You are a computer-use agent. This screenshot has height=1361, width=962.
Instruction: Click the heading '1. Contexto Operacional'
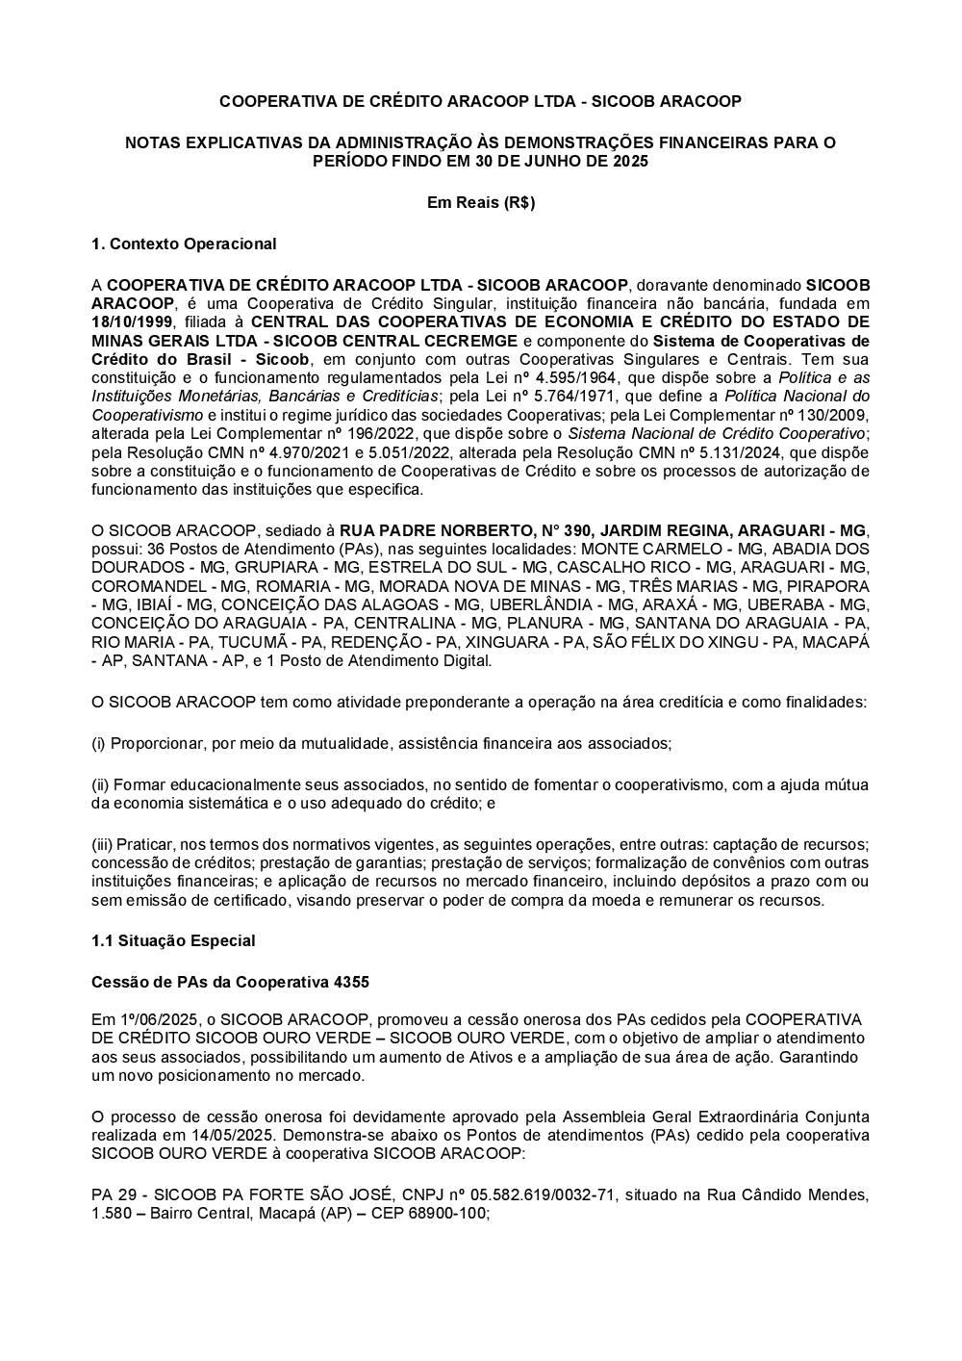(183, 244)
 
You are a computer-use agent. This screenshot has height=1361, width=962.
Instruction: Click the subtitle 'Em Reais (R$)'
(480, 202)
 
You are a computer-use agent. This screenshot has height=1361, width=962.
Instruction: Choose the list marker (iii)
(102, 844)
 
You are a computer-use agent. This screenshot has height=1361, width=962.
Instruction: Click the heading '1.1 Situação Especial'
(173, 940)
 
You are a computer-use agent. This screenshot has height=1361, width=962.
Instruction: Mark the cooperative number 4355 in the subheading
(351, 983)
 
